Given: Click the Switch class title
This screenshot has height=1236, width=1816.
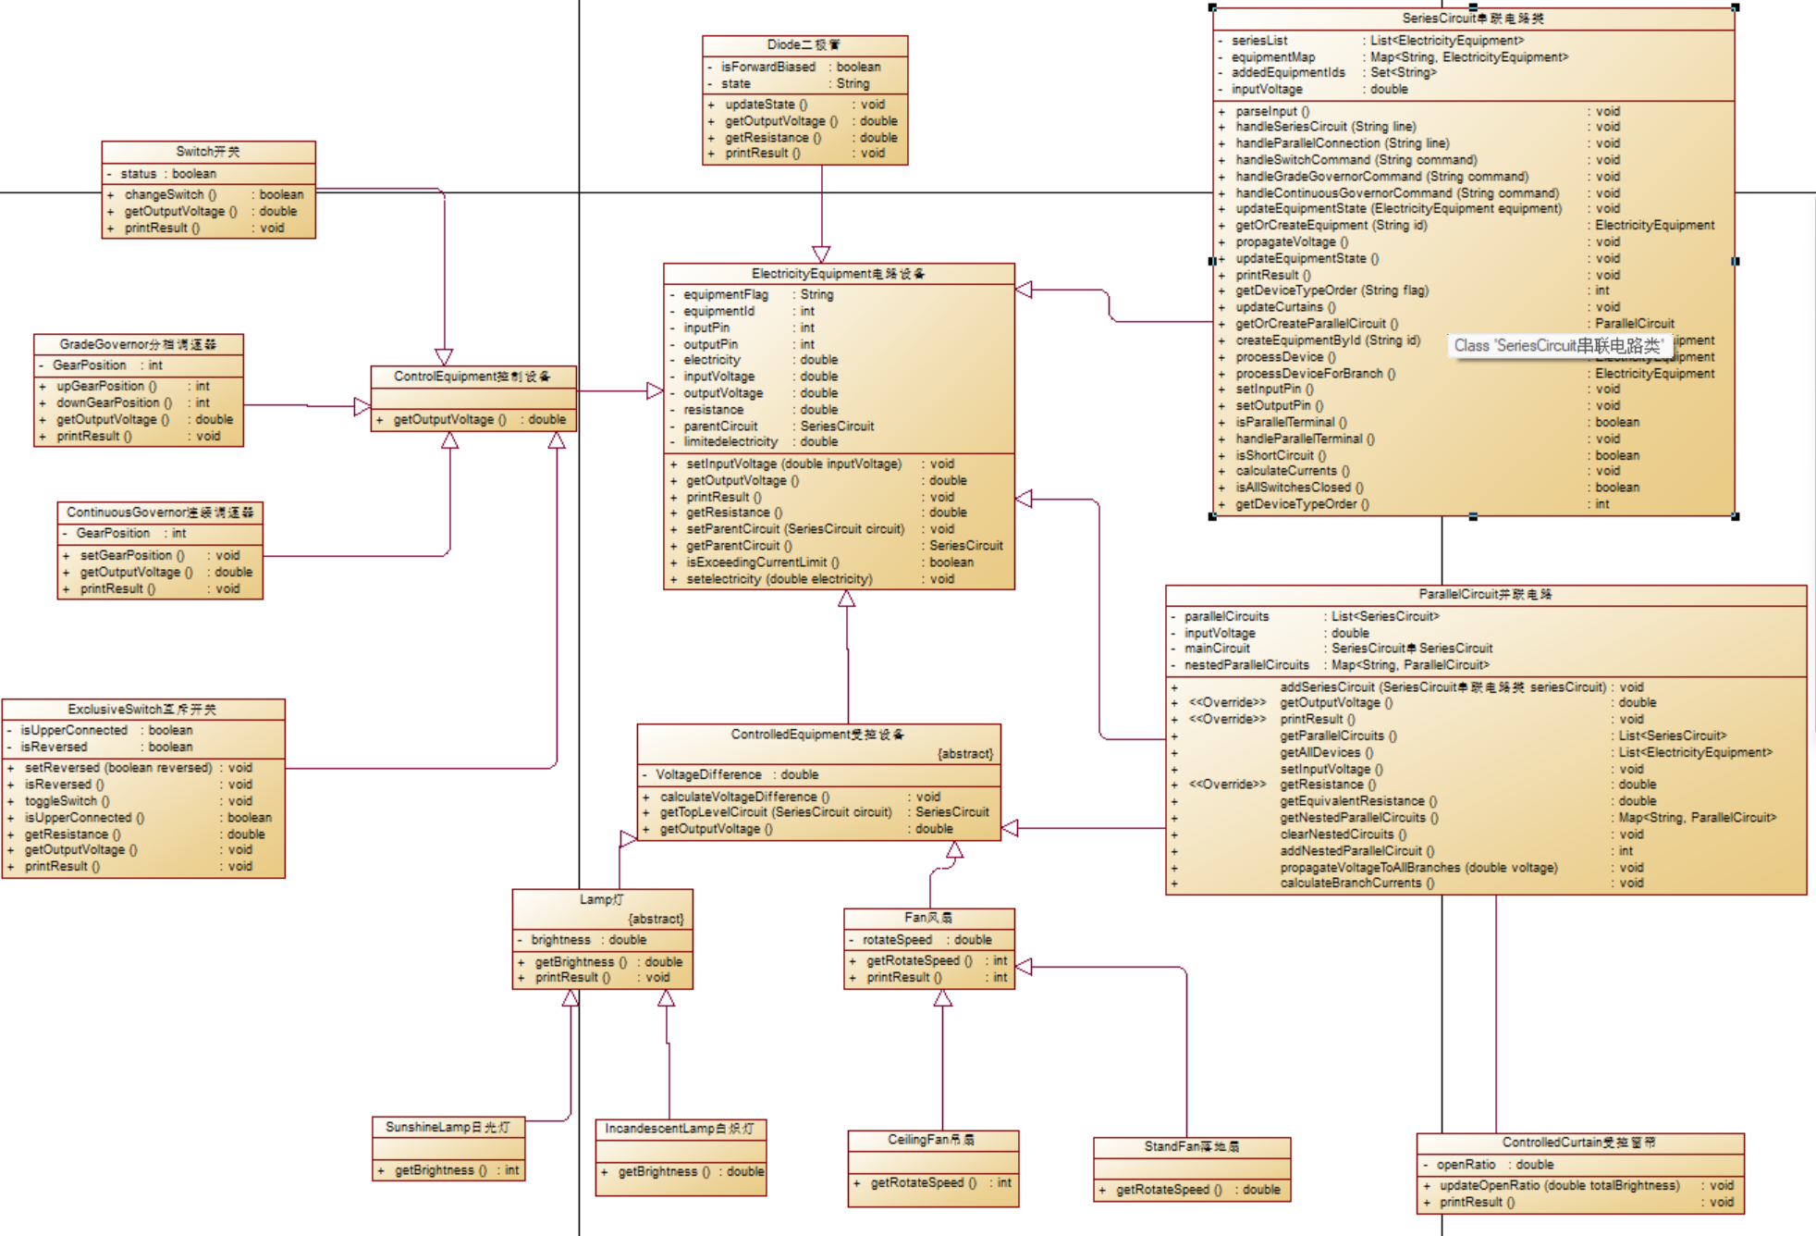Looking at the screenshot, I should pos(208,152).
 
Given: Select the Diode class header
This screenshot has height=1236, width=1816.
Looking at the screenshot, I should pos(804,45).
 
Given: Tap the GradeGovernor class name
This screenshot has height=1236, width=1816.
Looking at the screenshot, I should pos(138,344).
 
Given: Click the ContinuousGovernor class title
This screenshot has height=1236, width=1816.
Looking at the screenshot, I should pos(159,513).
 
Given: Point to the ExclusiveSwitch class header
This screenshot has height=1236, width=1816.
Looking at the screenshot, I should pos(142,710).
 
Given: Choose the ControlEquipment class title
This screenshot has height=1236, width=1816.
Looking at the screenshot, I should pos(472,377).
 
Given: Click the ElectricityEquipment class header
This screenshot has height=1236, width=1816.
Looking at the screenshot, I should pos(838,274).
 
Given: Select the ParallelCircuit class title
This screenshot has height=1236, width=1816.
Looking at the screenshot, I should pos(1485,595).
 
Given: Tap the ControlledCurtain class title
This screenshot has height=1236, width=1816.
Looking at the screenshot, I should pos(1578,1143).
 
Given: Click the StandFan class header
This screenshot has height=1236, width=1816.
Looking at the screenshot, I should pos(1191,1147).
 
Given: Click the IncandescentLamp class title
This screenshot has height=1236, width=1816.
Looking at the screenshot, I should pos(680,1129).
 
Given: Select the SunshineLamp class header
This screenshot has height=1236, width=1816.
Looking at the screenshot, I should pos(448,1127).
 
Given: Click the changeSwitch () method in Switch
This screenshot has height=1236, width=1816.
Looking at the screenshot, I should pos(170,195).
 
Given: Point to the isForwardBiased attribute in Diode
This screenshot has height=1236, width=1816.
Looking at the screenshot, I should pos(767,68).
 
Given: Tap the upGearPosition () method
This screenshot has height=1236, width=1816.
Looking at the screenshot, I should pos(106,387).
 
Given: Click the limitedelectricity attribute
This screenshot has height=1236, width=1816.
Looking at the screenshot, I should pos(730,442).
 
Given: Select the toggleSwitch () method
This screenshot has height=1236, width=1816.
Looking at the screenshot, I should pos(67,801).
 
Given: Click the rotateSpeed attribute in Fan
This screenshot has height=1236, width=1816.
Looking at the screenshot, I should pos(897,940).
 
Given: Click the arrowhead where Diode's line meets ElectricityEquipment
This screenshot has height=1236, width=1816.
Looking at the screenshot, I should pos(821,254).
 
